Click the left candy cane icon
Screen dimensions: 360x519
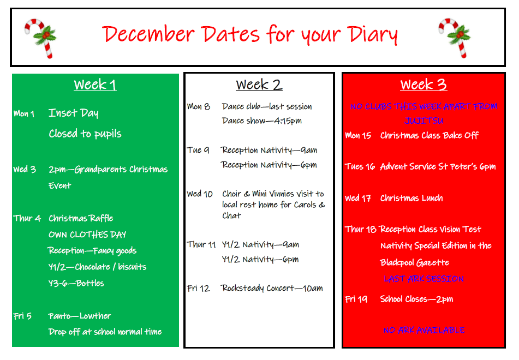tap(40, 37)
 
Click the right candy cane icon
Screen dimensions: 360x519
tap(454, 37)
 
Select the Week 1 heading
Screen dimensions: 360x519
tap(95, 85)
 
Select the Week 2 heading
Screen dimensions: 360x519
tap(259, 85)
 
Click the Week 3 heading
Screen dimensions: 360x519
tap(423, 85)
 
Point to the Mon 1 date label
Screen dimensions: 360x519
tap(24, 114)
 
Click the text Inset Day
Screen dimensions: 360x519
tap(74, 113)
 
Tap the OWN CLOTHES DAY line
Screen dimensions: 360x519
tap(87, 235)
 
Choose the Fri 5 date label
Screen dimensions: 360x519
tap(22, 316)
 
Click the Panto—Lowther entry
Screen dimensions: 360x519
tap(80, 316)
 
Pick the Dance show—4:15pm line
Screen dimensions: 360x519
tap(262, 121)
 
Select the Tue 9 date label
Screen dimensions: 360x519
tap(198, 150)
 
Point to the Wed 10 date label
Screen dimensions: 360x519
tap(200, 194)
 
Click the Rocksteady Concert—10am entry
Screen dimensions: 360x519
tap(272, 288)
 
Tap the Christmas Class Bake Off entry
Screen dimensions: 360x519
tap(429, 135)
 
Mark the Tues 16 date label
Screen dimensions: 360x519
tap(360, 166)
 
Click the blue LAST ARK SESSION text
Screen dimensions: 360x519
tap(423, 279)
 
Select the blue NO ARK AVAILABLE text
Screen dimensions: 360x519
tap(423, 330)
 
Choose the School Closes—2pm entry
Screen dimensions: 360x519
tap(416, 299)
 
